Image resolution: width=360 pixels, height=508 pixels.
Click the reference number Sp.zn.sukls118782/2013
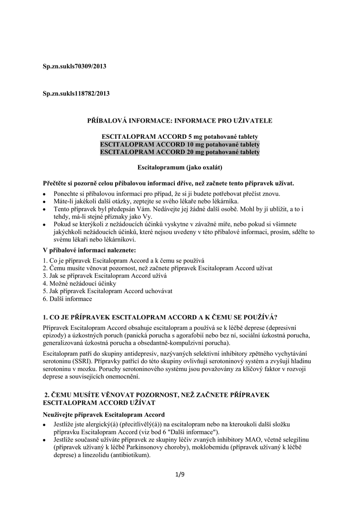pyautogui.click(x=76, y=93)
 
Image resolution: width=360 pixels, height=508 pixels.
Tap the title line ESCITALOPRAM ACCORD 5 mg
pyautogui.click(x=179, y=136)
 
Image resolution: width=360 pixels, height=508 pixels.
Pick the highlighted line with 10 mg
pyautogui.click(x=179, y=144)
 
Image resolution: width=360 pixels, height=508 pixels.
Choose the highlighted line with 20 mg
pyautogui.click(x=179, y=152)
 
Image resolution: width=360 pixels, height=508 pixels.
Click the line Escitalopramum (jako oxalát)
pyautogui.click(x=179, y=168)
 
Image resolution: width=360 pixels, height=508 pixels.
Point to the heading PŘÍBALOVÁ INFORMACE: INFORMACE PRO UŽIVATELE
pyautogui.click(x=179, y=121)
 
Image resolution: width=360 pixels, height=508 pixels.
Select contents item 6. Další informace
pyautogui.click(x=68, y=299)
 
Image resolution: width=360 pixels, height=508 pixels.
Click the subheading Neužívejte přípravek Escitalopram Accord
pyautogui.click(x=104, y=414)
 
